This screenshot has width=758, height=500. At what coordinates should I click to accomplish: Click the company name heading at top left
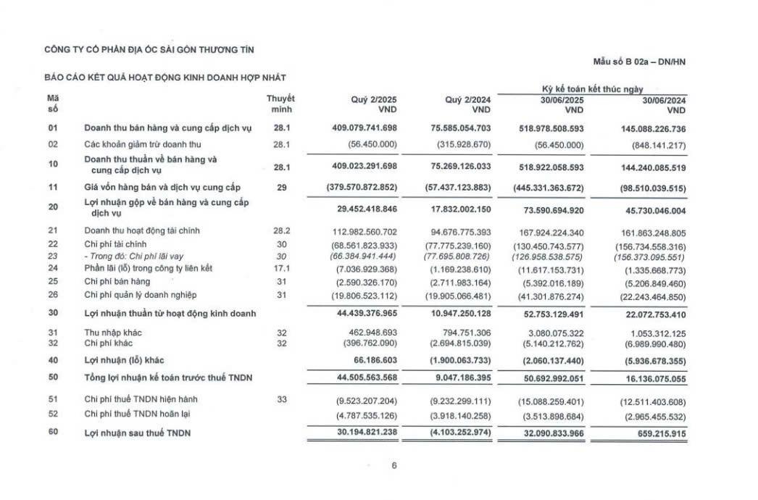[150, 49]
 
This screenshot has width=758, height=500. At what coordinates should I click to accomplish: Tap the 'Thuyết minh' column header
[280, 104]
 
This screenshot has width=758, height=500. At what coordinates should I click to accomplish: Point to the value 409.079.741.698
[360, 128]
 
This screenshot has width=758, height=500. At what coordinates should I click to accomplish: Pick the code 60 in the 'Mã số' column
[52, 433]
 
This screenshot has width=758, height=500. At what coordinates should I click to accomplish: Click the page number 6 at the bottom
[394, 466]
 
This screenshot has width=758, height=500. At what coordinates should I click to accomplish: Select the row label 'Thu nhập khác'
[113, 332]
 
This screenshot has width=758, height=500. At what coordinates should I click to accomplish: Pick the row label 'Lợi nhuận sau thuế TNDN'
[138, 433]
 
